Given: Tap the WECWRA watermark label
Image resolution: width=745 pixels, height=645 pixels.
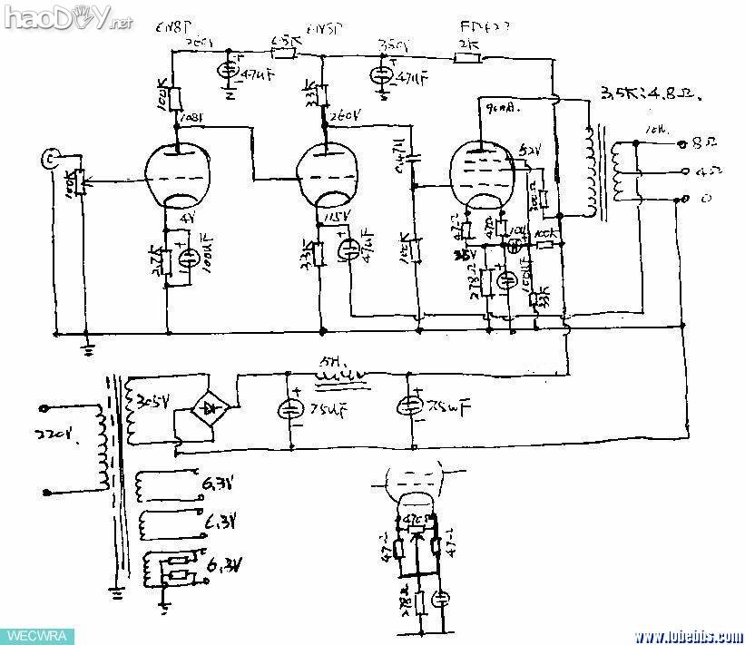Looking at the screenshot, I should pyautogui.click(x=32, y=635).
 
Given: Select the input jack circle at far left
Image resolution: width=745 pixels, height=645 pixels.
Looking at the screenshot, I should pyautogui.click(x=52, y=161).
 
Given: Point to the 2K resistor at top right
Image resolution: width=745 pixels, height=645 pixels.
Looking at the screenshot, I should pyautogui.click(x=466, y=57).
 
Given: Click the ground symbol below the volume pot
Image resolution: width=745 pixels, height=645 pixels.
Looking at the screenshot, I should pyautogui.click(x=87, y=345).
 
